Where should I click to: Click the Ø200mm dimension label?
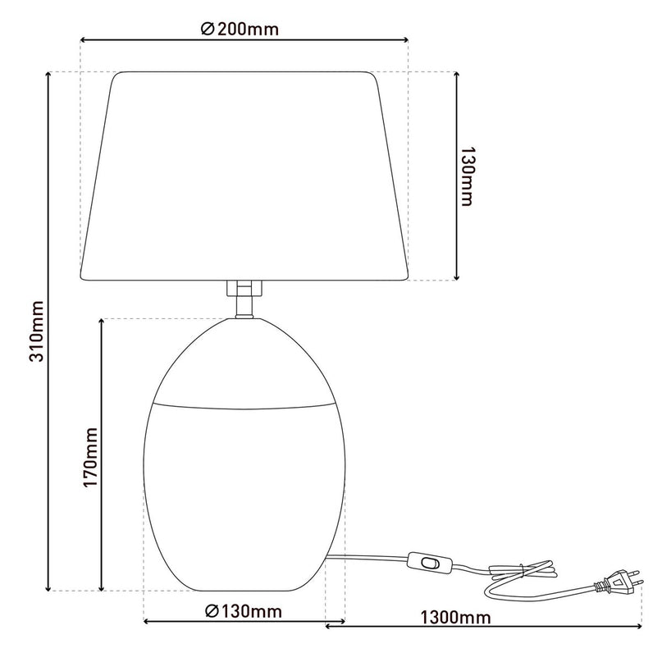click(240, 30)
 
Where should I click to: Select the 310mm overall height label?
click(35, 333)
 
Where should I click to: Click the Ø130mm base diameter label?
click(244, 611)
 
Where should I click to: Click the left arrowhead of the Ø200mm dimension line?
click(84, 39)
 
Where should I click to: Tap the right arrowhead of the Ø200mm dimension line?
click(404, 39)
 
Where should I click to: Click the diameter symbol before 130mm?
click(211, 611)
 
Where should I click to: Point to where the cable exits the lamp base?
click(332, 557)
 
